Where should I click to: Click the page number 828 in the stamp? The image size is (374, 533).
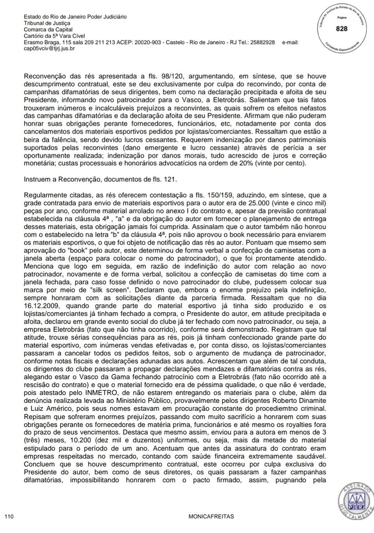342,28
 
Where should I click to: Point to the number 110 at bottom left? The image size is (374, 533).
9,517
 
